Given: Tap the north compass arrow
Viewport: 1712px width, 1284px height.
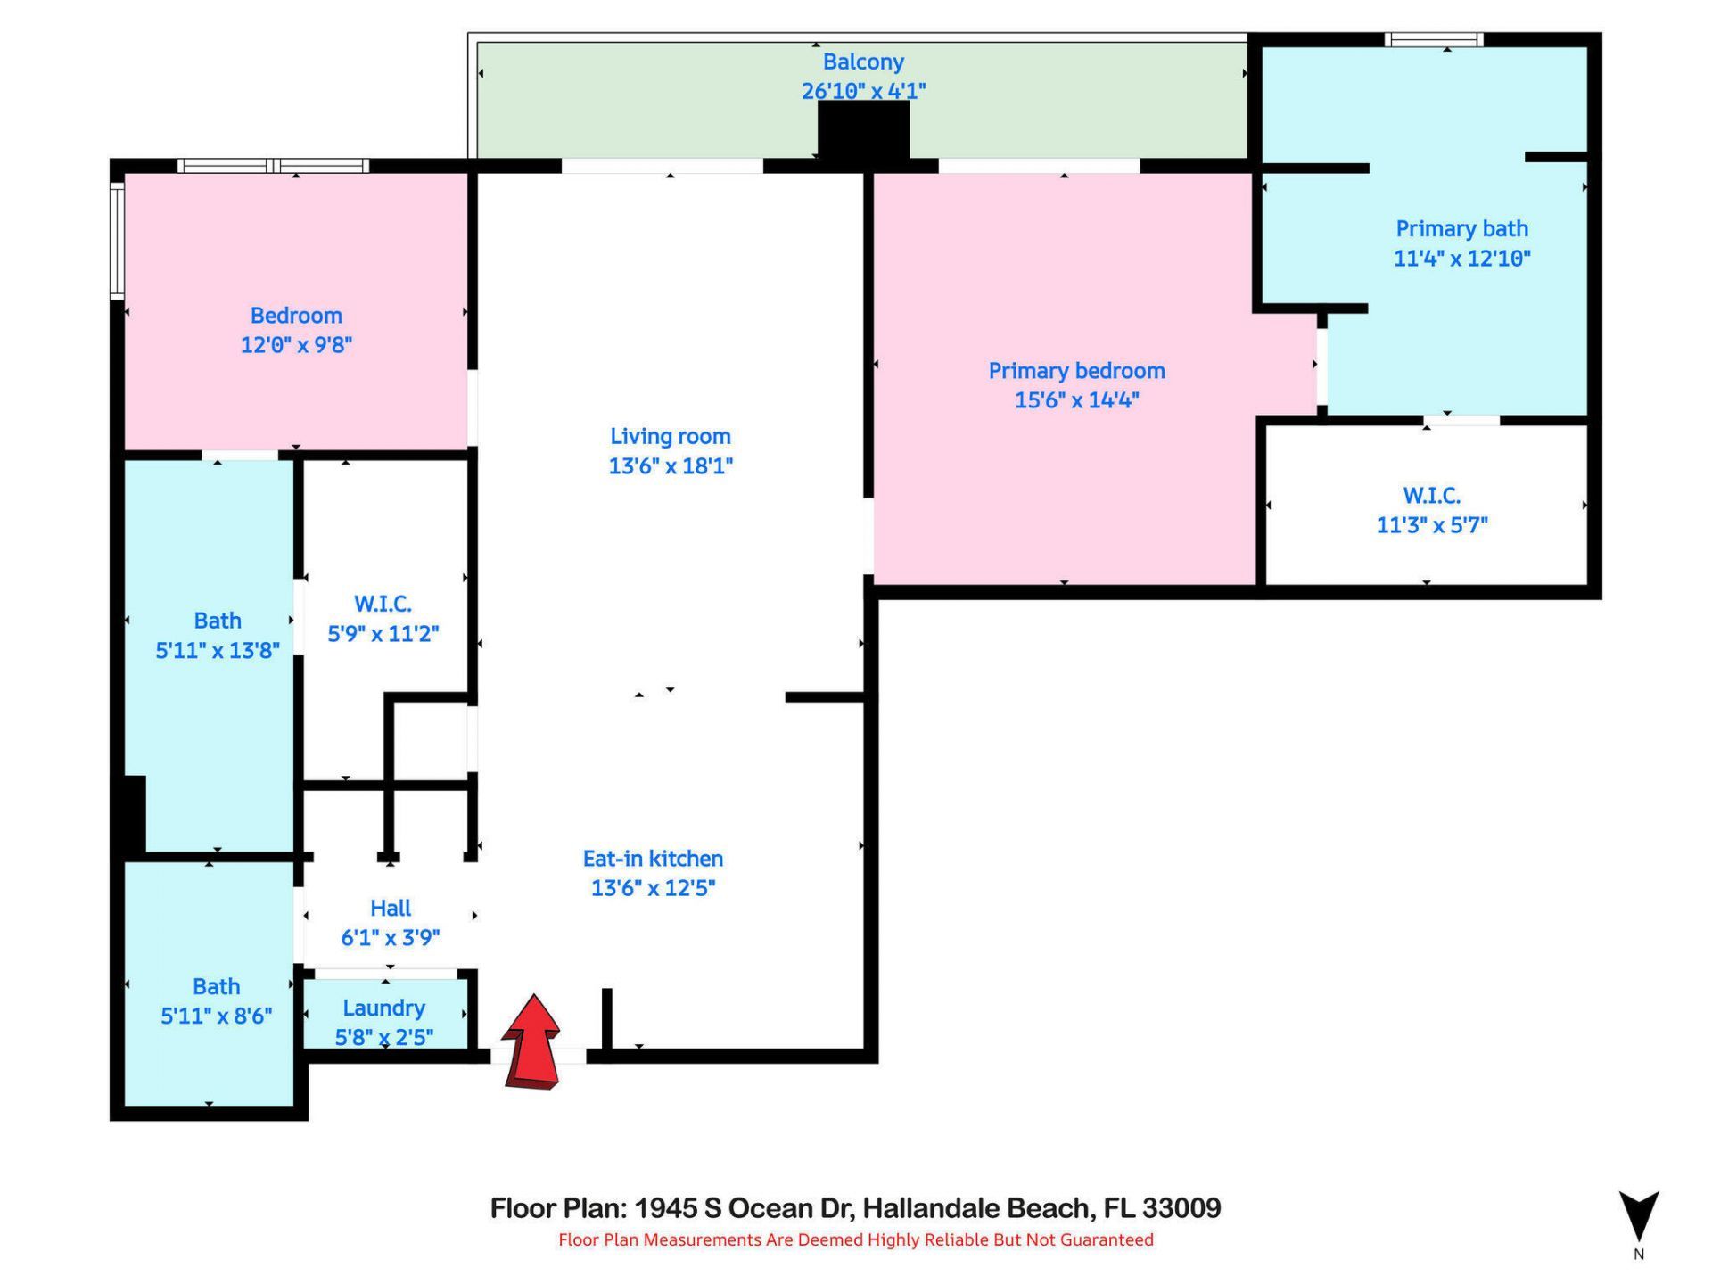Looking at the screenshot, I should point(1638,1214).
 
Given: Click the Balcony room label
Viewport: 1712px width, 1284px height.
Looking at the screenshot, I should point(862,62).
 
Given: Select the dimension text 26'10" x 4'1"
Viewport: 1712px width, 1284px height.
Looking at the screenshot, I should point(862,91).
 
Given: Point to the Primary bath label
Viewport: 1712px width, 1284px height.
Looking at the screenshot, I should point(1461,228).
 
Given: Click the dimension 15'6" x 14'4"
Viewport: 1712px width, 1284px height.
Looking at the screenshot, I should point(1076,399).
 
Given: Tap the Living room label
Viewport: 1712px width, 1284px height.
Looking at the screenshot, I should point(670,436).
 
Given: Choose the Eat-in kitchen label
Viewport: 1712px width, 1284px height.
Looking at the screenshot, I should point(653,858).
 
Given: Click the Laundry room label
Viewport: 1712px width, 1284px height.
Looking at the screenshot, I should point(383,1008).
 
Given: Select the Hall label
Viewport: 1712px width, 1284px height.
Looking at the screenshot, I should point(391,908).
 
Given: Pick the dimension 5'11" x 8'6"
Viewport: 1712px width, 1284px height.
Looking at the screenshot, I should point(216,1016).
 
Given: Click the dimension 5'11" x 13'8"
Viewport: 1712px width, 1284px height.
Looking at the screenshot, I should point(218,650).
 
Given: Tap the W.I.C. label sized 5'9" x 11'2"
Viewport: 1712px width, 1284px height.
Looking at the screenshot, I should point(383,604).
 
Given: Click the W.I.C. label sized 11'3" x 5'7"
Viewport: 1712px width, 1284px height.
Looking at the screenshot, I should point(1431,495).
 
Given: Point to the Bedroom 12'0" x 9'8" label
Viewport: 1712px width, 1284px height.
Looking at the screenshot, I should point(296,316).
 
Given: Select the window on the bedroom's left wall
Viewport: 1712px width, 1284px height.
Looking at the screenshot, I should point(116,239).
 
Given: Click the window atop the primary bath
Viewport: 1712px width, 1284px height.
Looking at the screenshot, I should point(1433,39).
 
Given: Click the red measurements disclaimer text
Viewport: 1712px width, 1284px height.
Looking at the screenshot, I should point(855,1239).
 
